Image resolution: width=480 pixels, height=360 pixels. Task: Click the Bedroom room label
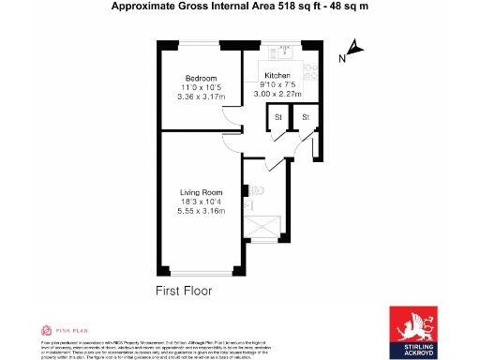coord(201,78)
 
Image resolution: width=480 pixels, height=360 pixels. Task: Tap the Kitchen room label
coord(277,75)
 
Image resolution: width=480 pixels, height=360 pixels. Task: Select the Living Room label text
coord(201,194)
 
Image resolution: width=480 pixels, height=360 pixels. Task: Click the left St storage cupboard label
coord(277,116)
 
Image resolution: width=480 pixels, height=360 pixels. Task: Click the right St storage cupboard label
coord(306,116)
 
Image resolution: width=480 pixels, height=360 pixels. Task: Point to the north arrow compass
coord(354,47)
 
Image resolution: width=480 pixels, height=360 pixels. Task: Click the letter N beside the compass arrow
coord(342,58)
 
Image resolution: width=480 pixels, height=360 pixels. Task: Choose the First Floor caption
coord(184,291)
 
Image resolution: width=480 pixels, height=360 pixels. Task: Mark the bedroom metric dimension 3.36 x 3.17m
coord(201,95)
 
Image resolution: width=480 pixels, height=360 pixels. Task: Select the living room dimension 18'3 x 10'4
coord(201,202)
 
